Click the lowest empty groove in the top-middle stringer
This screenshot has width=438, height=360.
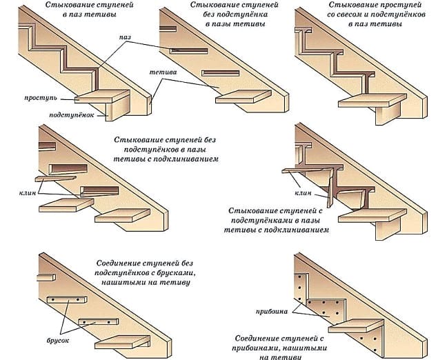220,73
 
